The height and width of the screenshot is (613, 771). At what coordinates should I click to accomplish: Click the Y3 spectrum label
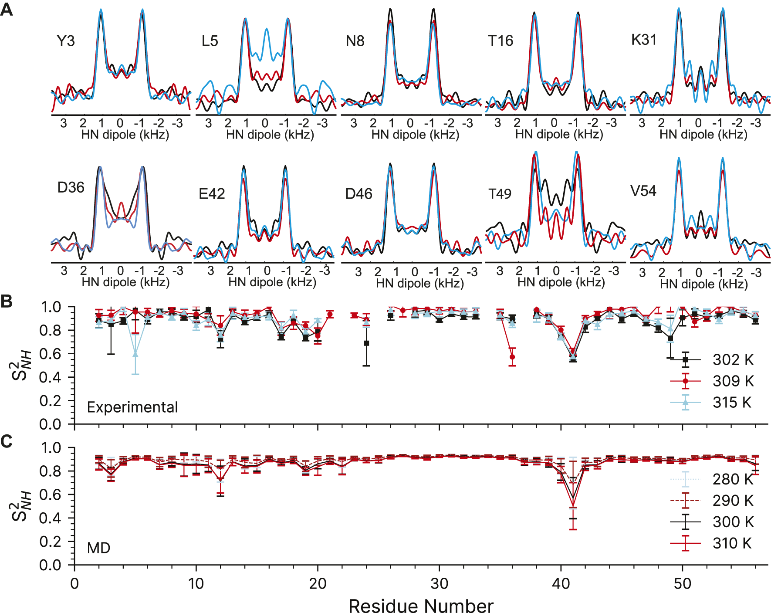pyautogui.click(x=66, y=41)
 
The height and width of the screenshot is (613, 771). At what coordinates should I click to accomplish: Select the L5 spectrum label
pyautogui.click(x=210, y=41)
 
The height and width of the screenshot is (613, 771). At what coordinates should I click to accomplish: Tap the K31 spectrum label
pyautogui.click(x=644, y=40)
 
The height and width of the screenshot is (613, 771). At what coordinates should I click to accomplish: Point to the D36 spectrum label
pyautogui.click(x=71, y=187)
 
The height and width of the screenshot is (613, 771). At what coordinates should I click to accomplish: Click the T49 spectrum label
pyautogui.click(x=500, y=193)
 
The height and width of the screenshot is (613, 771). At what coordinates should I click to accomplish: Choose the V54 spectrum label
pyautogui.click(x=643, y=191)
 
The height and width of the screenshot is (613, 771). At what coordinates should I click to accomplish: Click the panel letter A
pyautogui.click(x=7, y=9)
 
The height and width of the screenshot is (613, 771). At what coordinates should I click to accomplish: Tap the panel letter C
pyautogui.click(x=7, y=441)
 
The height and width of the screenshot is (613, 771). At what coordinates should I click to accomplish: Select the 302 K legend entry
pyautogui.click(x=733, y=360)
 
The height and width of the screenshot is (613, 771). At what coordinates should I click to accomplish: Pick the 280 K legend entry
pyautogui.click(x=733, y=479)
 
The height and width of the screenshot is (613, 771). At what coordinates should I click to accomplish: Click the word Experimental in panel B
pyautogui.click(x=132, y=407)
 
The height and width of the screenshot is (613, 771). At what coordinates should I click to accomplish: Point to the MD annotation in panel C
pyautogui.click(x=99, y=548)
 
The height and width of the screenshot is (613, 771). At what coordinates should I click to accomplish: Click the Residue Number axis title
pyautogui.click(x=421, y=605)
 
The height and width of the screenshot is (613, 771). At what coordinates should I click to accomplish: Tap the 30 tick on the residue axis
pyautogui.click(x=439, y=583)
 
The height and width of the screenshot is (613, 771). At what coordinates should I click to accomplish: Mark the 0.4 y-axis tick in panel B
pyautogui.click(x=51, y=377)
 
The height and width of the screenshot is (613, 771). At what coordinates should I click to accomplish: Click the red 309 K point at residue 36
pyautogui.click(x=512, y=357)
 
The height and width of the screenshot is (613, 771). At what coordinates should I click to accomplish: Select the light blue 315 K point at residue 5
pyautogui.click(x=135, y=354)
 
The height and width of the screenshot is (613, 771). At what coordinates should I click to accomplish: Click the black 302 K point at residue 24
pyautogui.click(x=366, y=343)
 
